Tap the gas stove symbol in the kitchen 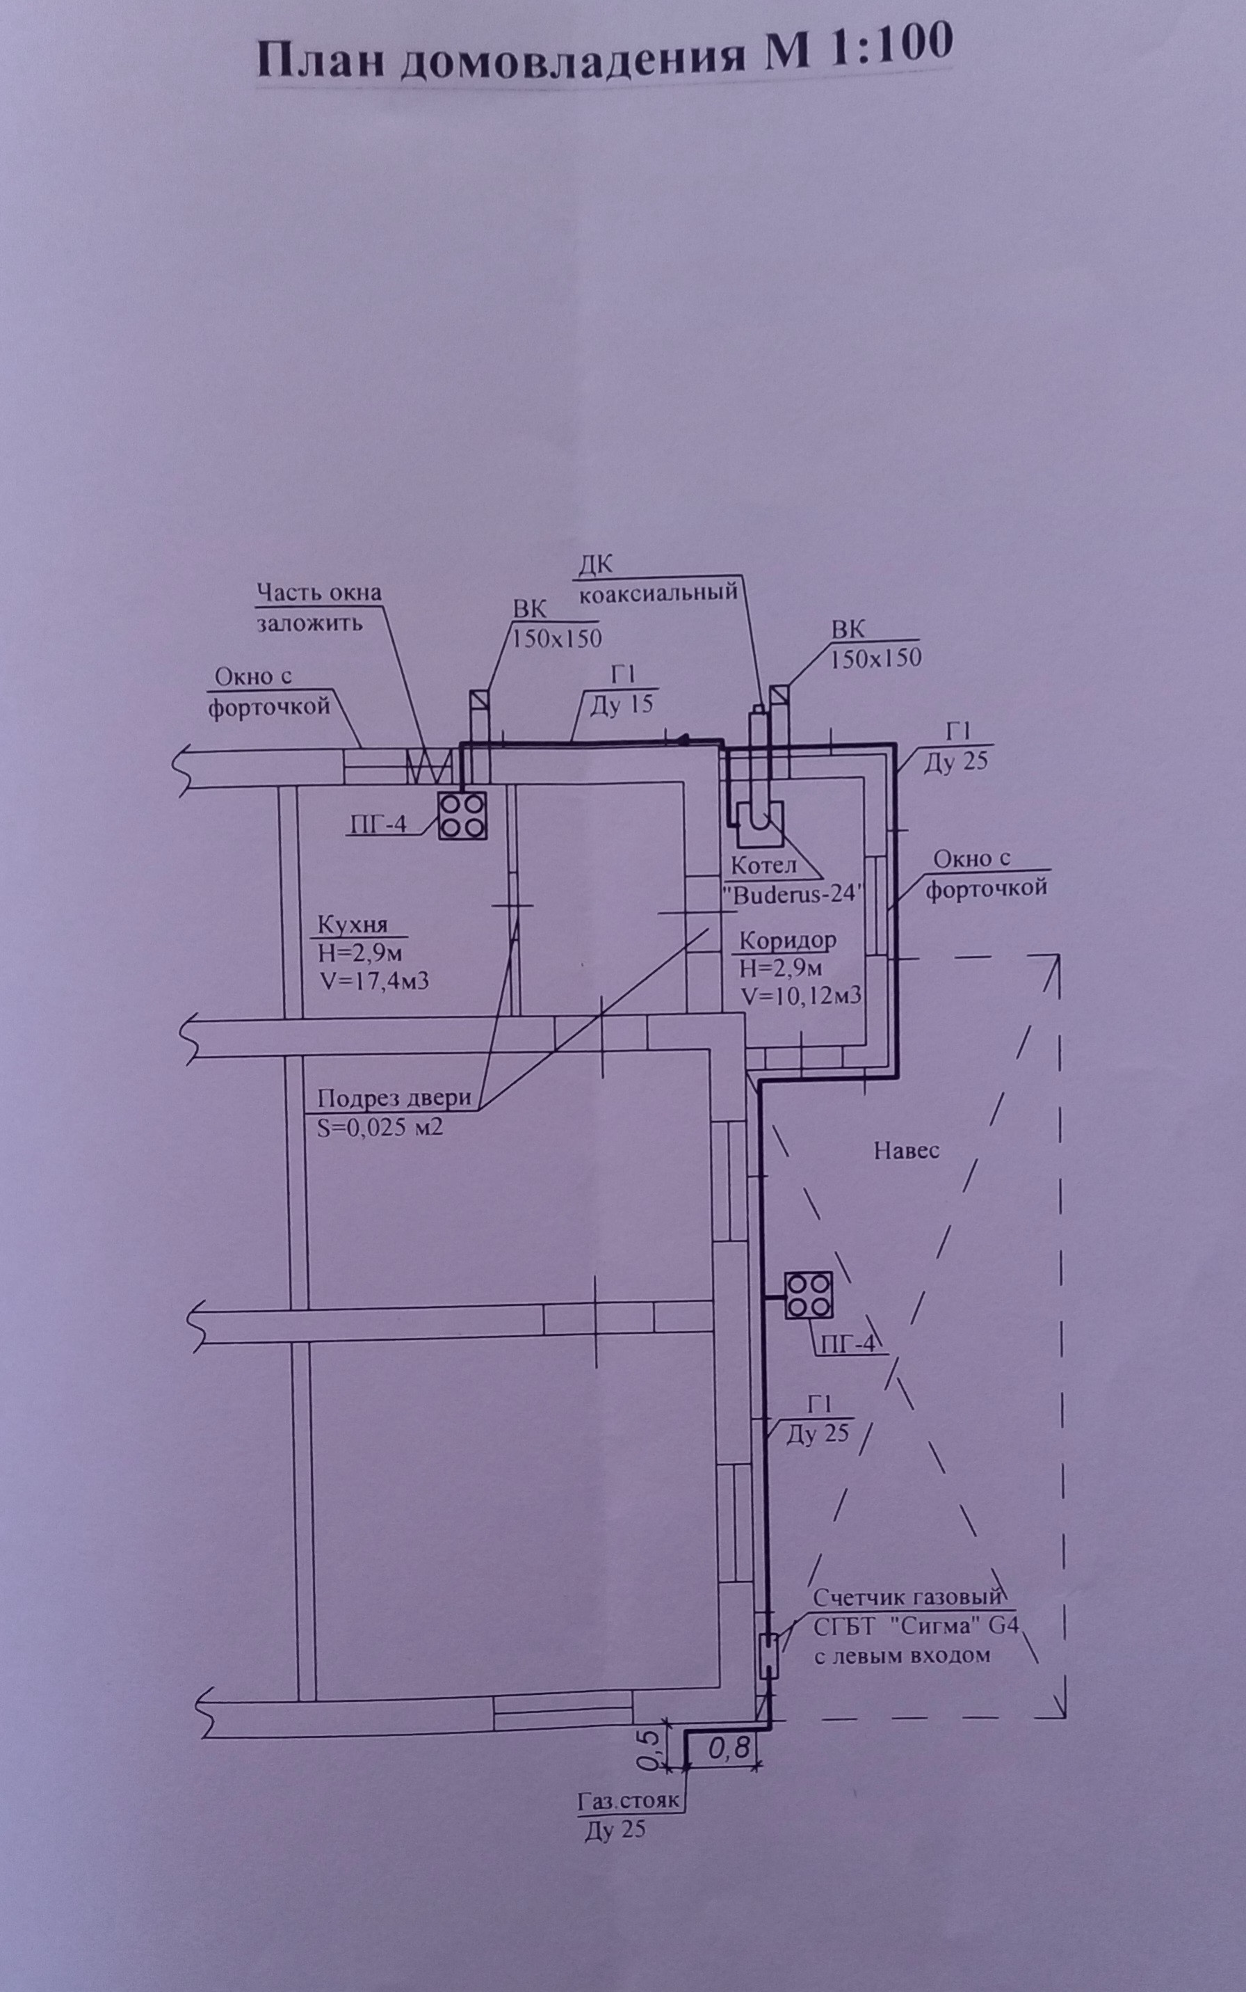coord(462,816)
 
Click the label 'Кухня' coord(352,924)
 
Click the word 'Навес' coord(907,1151)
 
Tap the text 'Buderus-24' coord(792,895)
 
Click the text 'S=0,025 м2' coord(381,1127)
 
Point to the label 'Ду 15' coord(622,704)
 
